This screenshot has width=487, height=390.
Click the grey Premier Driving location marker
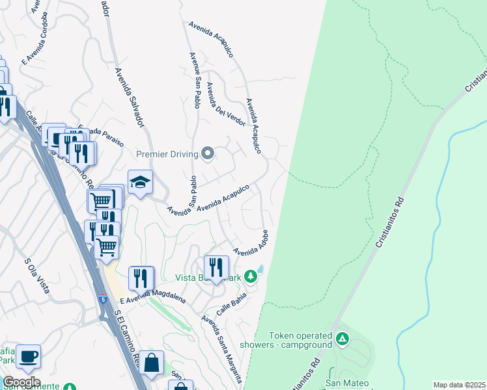208,154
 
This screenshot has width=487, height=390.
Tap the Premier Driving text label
167,154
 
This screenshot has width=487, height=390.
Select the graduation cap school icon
140,183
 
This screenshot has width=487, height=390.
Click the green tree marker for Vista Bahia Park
251,278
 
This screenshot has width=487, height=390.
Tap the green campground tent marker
343,339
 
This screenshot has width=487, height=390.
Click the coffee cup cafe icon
29,356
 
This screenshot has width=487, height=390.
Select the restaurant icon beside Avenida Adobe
216,266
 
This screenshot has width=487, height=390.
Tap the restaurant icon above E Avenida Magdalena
141,278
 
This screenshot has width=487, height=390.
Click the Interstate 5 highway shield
104,298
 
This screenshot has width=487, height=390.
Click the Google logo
21,382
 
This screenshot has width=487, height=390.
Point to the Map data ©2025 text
459,385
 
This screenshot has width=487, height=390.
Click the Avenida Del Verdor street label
226,105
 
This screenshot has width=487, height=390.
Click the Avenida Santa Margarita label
223,348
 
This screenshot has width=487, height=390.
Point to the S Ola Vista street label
37,276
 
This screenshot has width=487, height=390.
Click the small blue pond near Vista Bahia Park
261,268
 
